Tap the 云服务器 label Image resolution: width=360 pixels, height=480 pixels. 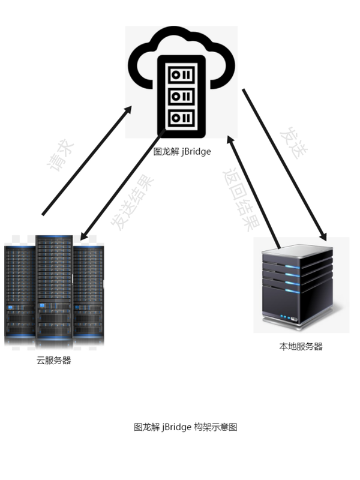click(x=54, y=361)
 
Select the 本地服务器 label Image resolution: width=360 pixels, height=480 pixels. click(x=301, y=346)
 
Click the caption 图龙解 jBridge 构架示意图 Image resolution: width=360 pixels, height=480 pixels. click(x=185, y=427)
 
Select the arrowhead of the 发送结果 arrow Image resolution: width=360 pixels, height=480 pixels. click(x=84, y=235)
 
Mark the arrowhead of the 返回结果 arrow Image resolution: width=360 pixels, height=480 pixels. click(x=231, y=140)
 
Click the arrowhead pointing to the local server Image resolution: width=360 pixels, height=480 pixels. click(x=323, y=237)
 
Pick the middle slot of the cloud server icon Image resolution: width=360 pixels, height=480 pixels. click(x=181, y=96)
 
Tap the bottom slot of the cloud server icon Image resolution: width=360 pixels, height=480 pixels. click(x=181, y=117)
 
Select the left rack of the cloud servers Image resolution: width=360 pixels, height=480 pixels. click(x=20, y=294)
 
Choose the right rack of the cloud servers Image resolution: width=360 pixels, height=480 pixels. click(x=88, y=294)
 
